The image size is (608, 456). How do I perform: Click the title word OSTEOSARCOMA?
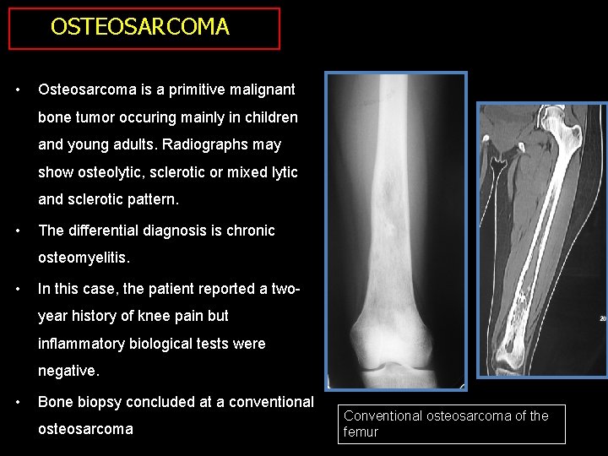139,27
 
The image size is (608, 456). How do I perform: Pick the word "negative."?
68,371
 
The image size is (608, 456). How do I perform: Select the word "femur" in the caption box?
361,432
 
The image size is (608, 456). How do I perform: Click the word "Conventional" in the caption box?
383,415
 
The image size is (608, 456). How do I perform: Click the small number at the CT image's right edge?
602,318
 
